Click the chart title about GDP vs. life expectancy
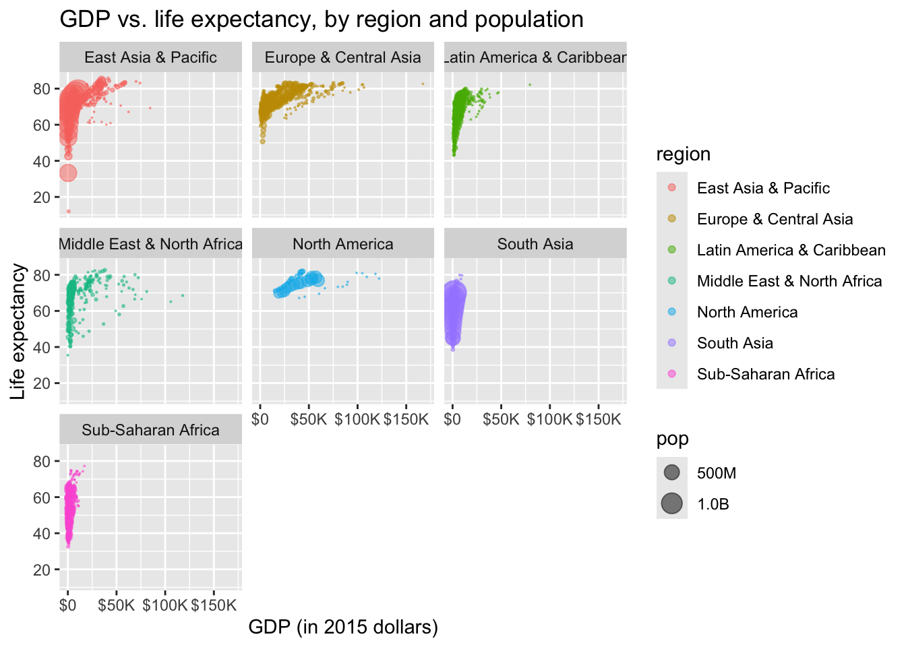[x=322, y=20]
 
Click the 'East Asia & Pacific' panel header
[x=150, y=57]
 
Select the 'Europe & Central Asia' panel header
[x=342, y=57]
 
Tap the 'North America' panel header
[x=342, y=244]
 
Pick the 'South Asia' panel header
[x=535, y=244]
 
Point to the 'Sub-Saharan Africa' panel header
[x=150, y=430]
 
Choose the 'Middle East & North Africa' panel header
[x=150, y=244]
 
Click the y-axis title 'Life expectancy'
[x=18, y=331]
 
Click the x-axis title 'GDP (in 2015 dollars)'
[x=343, y=627]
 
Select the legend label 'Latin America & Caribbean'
[x=791, y=250]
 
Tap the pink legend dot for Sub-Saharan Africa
[x=671, y=374]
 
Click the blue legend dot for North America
[x=671, y=312]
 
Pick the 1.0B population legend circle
[x=671, y=503]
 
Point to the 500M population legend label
[x=716, y=473]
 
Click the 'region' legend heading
[x=683, y=154]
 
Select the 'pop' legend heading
[x=672, y=439]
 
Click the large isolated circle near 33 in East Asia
[x=67, y=173]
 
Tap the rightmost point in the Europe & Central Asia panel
[x=423, y=84]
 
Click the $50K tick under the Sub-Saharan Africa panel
[x=117, y=605]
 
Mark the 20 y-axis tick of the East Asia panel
[x=42, y=197]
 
